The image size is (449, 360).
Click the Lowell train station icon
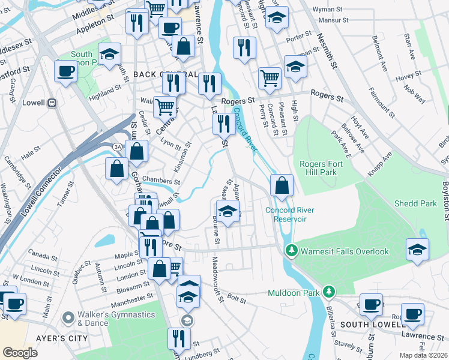[x=52, y=103]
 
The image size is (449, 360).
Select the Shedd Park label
[x=415, y=203]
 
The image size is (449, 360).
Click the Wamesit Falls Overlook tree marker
[x=291, y=251]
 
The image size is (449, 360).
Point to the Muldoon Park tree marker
[x=328, y=292]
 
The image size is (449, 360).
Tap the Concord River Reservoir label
[x=286, y=214]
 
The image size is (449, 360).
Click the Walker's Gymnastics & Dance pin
[x=68, y=316]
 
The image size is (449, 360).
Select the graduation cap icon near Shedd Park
[x=417, y=250]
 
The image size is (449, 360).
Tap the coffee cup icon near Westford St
[x=65, y=71]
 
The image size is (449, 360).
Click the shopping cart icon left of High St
[x=270, y=77]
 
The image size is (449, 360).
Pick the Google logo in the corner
[x=20, y=353]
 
